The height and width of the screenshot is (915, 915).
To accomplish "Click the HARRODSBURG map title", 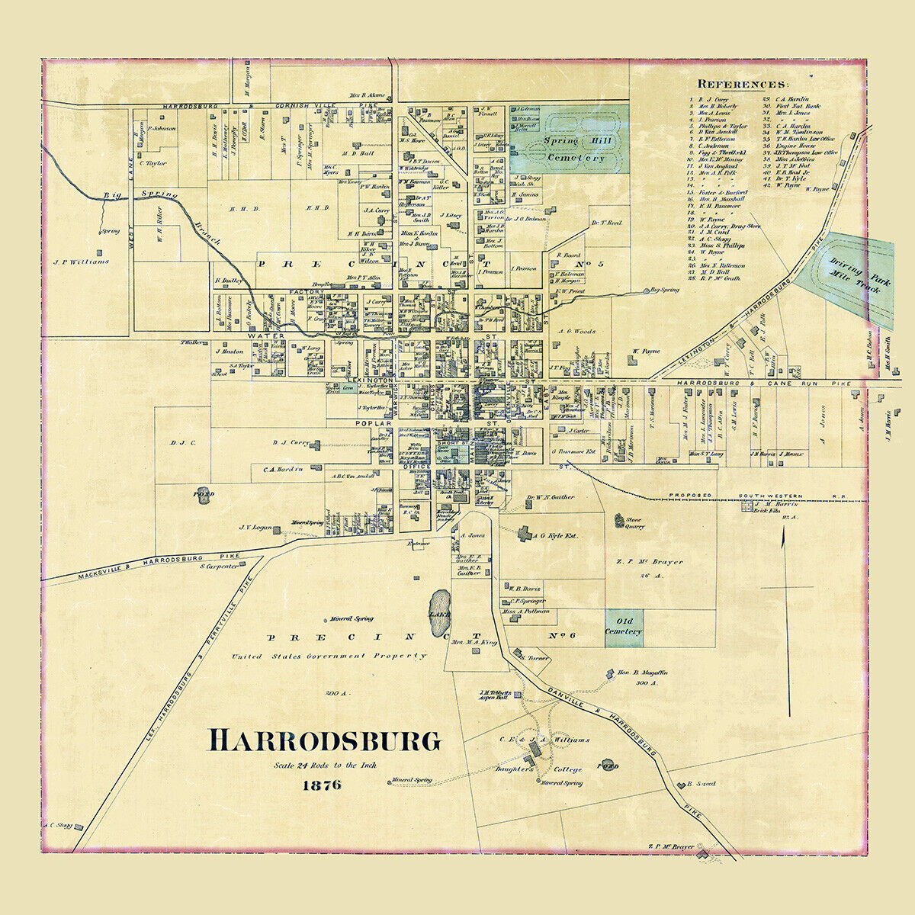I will pos(325,740).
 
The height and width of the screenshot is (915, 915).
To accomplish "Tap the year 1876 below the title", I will pos(321,785).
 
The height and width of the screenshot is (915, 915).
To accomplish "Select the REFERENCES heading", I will pos(743,84).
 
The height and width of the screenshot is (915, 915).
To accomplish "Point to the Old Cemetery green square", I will pos(624,628).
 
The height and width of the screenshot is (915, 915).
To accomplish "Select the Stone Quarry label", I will pos(634,522).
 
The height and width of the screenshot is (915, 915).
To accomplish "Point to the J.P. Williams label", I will pos(81,262).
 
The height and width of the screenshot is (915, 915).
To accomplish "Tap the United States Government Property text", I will pos(329,656).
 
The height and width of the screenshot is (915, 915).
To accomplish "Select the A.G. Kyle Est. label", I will pos(557,536).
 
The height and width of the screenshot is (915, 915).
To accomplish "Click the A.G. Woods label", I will pos(576,332).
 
